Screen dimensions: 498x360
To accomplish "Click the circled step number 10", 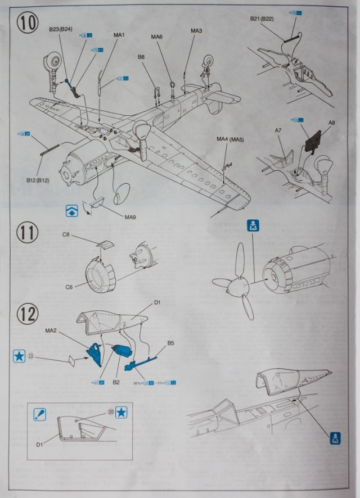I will coord(28,24).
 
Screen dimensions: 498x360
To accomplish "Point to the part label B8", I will coord(141,57).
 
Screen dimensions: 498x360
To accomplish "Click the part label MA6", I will coord(156,37).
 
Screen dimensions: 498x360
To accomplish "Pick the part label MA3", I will coord(196,30).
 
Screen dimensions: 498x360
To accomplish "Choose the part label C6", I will coord(69,287).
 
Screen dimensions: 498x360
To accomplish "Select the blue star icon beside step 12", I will coord(19,356).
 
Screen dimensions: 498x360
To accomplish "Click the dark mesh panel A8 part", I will coord(313,138).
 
